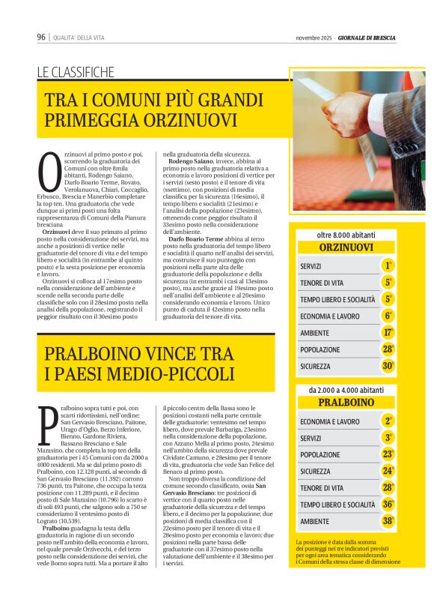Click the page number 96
(x=41, y=37)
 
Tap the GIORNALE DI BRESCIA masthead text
(x=367, y=37)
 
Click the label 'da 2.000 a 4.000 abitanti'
(x=346, y=390)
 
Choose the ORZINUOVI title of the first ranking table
(x=346, y=247)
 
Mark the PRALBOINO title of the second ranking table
(x=346, y=403)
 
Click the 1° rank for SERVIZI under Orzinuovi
(x=388, y=266)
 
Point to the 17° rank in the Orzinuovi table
(x=388, y=332)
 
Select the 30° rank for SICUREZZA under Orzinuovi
(x=388, y=366)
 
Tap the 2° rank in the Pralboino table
(x=388, y=421)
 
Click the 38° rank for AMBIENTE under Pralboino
(x=388, y=521)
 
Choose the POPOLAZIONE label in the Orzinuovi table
(x=320, y=349)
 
